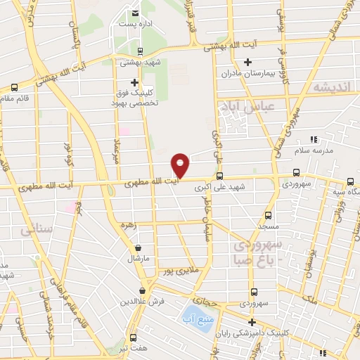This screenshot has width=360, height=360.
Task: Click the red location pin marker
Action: [181, 165]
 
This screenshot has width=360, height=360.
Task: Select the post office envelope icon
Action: [134, 13]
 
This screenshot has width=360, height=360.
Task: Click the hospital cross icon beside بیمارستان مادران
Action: [247, 62]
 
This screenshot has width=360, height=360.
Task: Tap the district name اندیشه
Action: [330, 86]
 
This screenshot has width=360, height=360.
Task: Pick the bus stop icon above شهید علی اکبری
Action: [220, 176]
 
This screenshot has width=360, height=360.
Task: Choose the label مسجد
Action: [268, 226]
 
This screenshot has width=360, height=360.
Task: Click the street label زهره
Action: [127, 226]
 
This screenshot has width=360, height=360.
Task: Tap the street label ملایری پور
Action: [177, 269]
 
